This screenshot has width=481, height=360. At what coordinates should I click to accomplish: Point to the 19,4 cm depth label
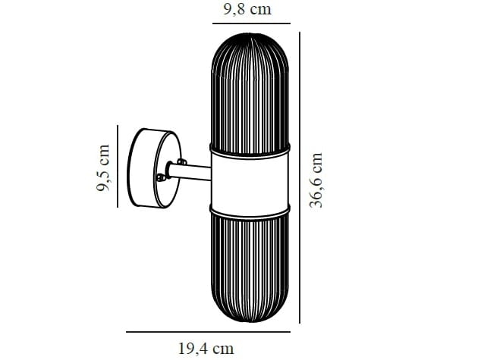206,349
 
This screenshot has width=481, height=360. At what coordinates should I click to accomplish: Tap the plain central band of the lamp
250,177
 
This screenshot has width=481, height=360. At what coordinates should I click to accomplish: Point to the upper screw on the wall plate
182,161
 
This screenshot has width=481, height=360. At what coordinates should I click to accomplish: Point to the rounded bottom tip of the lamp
250,323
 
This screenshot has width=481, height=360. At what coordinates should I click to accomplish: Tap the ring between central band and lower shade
250,207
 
